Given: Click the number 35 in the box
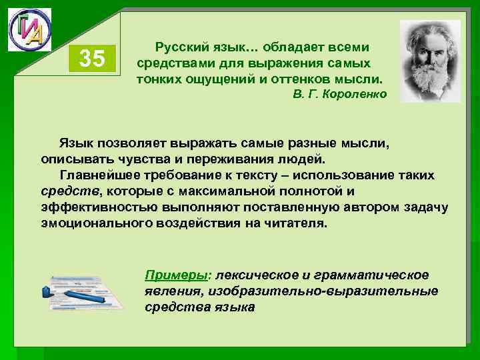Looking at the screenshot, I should tap(92, 60).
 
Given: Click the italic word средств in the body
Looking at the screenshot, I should tap(66, 192).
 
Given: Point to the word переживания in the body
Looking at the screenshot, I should tap(245, 159).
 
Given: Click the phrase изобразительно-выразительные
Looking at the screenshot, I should tap(323, 291).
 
